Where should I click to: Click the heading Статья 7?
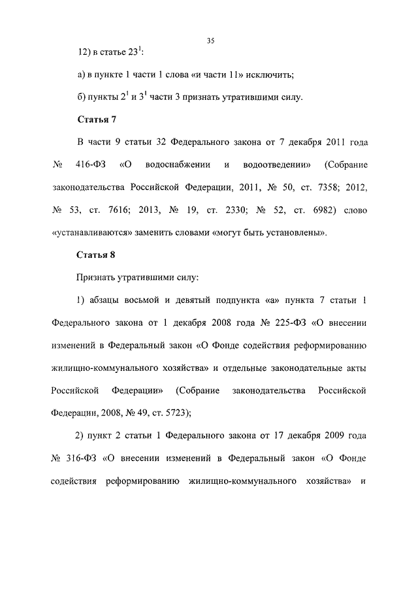point(97,120)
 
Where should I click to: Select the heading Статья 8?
point(97,254)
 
